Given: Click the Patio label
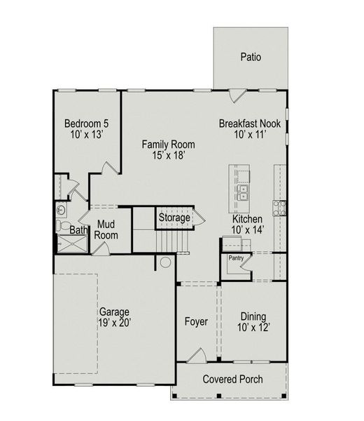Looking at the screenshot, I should (250, 57).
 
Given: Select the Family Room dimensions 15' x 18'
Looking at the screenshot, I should (168, 156).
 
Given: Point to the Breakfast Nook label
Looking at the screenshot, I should (249, 123).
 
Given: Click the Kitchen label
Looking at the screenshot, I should (248, 219).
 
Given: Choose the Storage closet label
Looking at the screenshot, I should (174, 218).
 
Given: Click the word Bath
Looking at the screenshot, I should (78, 230).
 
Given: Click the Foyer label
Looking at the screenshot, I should (196, 322).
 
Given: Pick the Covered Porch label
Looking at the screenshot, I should (233, 380).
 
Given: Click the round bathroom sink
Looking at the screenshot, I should (62, 209).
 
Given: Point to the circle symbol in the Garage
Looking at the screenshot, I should (165, 262).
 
